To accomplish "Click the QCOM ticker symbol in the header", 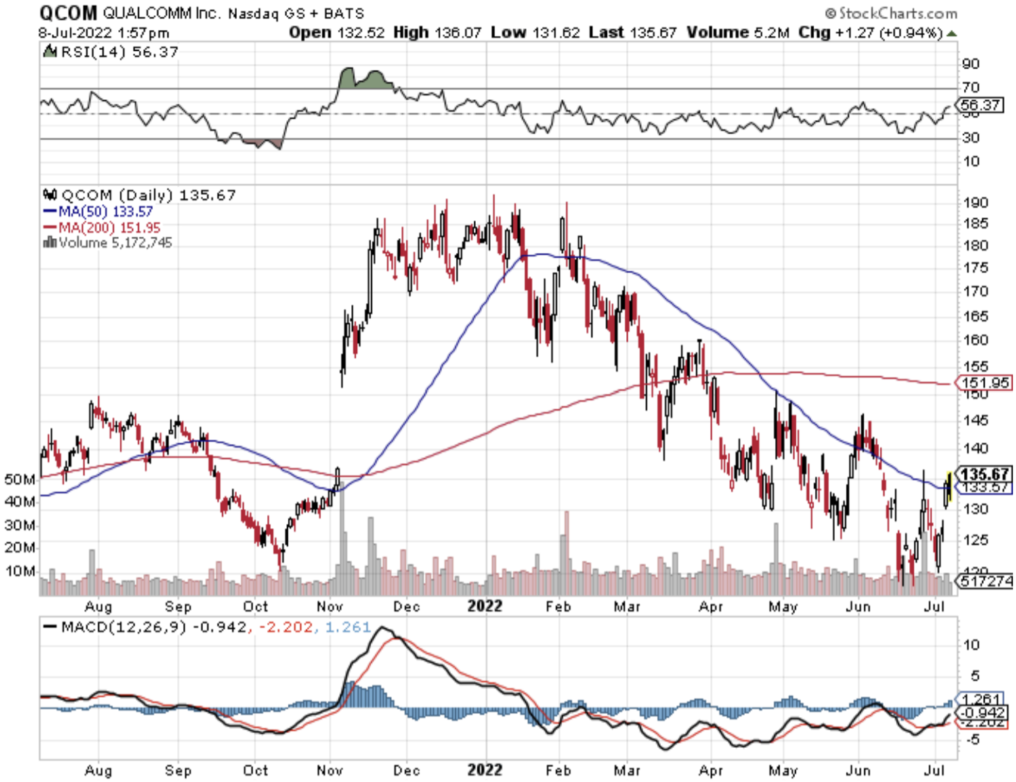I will click(x=68, y=12).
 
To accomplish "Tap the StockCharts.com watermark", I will click(x=891, y=13).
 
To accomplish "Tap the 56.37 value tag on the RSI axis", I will click(x=980, y=105).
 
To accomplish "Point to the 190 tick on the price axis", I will click(x=975, y=202).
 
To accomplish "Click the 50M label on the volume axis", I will click(x=20, y=480).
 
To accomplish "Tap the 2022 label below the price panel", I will click(x=485, y=606).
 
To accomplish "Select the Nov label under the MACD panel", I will click(x=330, y=770).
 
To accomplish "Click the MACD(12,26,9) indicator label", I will click(x=123, y=627).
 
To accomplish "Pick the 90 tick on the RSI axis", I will click(x=971, y=64).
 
